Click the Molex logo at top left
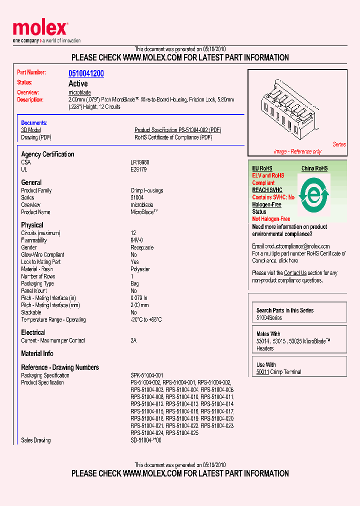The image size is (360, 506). tap(40, 30)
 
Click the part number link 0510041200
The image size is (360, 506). tap(86, 73)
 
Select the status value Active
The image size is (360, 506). tap(78, 83)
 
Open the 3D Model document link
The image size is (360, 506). tap(30, 130)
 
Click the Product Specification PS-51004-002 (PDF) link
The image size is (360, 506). tap(177, 130)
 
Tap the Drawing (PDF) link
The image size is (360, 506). tap(36, 137)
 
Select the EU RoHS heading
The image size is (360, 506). tap(262, 168)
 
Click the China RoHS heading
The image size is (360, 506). tap(314, 168)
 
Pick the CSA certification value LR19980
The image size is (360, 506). tap(140, 162)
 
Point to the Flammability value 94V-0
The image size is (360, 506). tap(137, 240)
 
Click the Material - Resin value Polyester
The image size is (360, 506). tap(140, 269)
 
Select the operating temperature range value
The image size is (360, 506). tap(146, 320)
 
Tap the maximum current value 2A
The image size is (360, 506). tap(133, 340)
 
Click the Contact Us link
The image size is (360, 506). tap(295, 273)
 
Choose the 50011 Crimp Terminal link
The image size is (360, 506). tap(278, 372)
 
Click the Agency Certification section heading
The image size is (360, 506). tap(47, 154)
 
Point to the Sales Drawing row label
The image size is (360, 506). tap(35, 440)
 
